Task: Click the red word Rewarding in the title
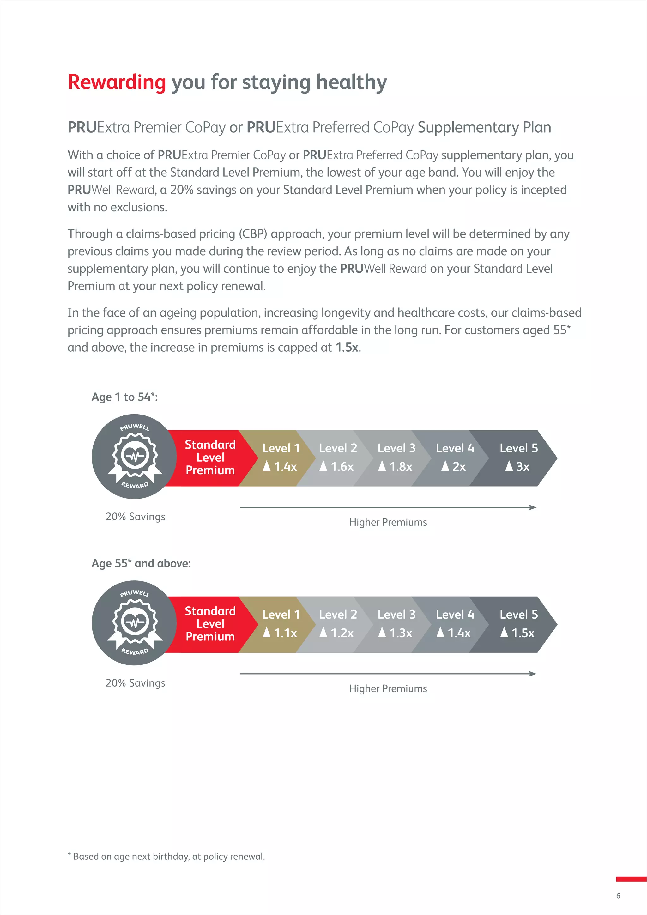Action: click(116, 82)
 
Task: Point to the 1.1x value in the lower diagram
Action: click(285, 633)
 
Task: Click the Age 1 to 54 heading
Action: click(124, 397)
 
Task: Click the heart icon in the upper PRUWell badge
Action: click(134, 456)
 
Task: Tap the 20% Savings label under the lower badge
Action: click(135, 683)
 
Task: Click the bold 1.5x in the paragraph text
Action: click(347, 348)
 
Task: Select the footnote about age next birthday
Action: click(166, 857)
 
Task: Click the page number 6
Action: click(618, 896)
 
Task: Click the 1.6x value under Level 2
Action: click(342, 467)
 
